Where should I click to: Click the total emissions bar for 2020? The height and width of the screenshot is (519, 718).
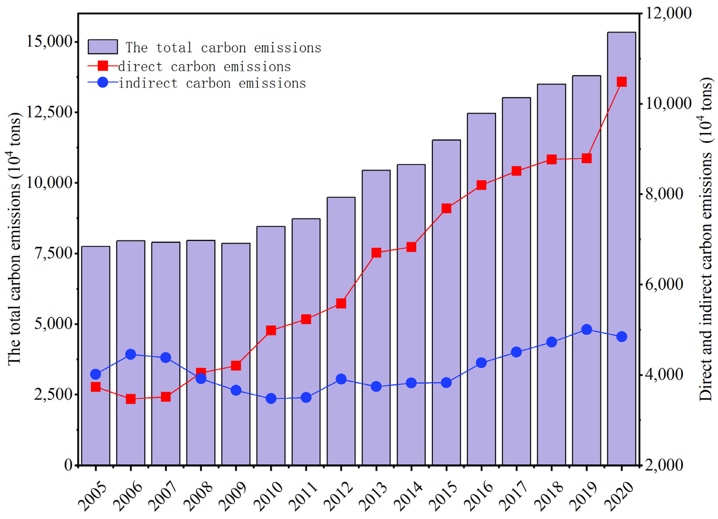[621, 253]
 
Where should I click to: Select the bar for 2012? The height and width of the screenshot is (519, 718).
[341, 333]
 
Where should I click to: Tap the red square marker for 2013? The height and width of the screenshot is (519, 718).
[376, 253]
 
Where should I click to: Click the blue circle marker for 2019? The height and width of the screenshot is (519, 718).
[587, 329]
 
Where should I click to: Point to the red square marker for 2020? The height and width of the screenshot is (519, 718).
[622, 82]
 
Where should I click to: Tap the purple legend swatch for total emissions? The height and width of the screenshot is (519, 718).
[103, 47]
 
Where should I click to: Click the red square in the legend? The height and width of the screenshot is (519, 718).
[103, 66]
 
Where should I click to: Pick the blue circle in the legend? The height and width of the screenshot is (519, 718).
[103, 83]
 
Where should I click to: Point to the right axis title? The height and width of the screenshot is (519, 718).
[706, 241]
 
